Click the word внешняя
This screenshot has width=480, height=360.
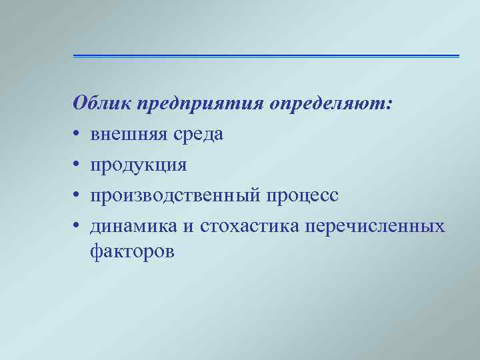130,135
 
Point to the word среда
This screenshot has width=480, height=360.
199,135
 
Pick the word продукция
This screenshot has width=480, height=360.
139,166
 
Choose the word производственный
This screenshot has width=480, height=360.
176,197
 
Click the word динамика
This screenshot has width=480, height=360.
133,227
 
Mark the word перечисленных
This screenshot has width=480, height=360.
375,227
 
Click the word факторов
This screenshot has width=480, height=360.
132,251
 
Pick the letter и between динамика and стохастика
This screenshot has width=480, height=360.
189,227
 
